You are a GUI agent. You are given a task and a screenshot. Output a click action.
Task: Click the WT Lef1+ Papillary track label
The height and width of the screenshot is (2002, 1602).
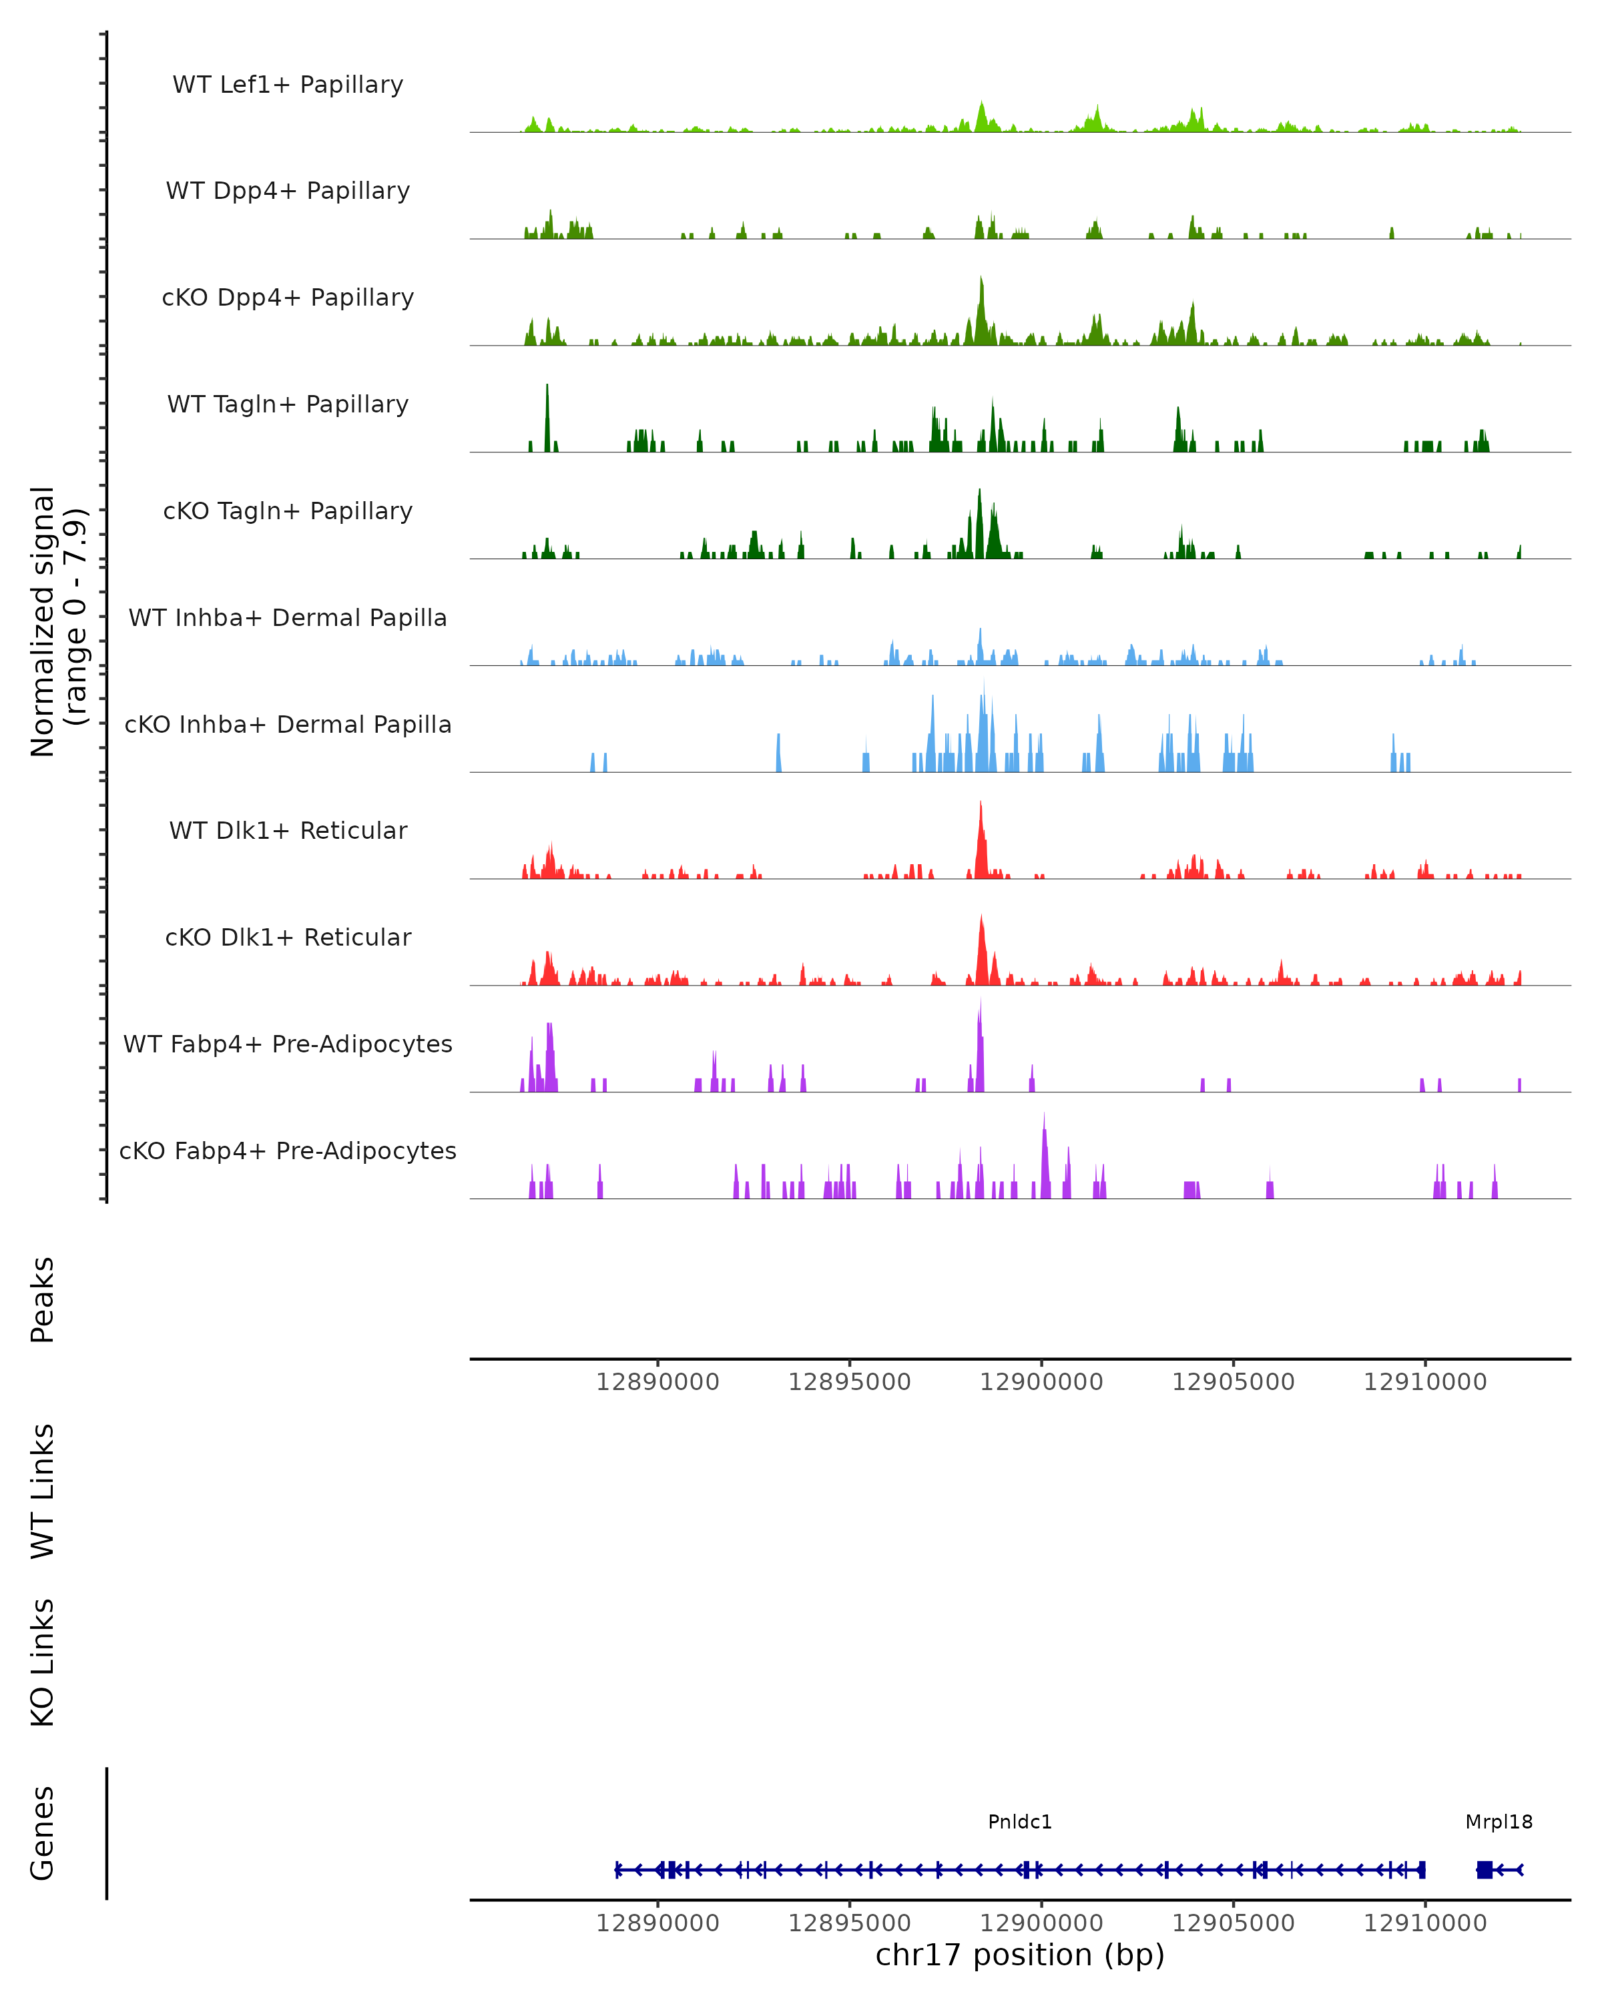pos(288,85)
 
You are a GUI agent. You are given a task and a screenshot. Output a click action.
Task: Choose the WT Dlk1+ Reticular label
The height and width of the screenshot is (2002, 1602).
pos(288,830)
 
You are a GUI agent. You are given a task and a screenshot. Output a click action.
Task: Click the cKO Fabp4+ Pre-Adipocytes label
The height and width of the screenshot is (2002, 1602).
pos(288,1150)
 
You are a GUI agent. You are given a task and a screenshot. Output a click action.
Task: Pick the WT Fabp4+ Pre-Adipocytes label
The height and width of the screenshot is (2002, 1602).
pos(288,1044)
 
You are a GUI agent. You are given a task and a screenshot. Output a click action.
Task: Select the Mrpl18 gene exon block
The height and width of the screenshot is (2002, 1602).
pos(1484,1869)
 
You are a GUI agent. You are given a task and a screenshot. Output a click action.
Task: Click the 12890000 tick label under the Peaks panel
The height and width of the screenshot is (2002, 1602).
pos(657,1382)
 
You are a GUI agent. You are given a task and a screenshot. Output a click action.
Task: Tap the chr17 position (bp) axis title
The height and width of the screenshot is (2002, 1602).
pos(1020,1955)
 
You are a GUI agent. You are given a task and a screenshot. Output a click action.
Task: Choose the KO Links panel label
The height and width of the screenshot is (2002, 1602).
pos(43,1662)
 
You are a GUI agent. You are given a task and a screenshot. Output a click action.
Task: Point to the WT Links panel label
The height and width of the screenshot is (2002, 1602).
pos(43,1490)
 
